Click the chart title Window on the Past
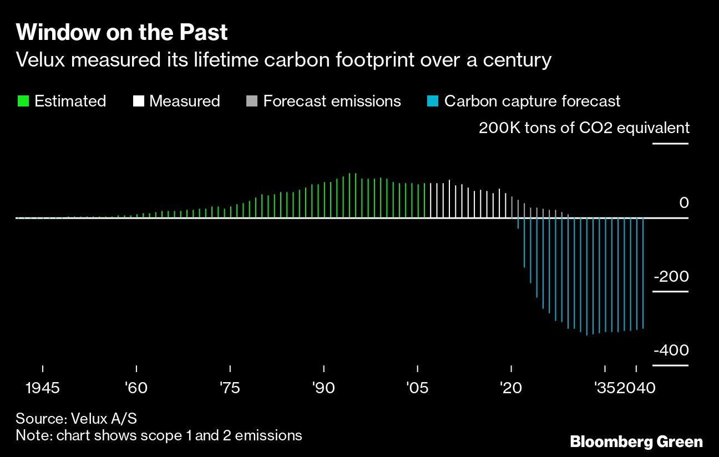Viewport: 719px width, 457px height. pos(122,33)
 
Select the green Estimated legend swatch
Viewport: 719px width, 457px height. pos(23,101)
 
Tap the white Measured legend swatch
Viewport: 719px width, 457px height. pos(139,101)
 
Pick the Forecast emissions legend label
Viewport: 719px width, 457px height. pos(332,101)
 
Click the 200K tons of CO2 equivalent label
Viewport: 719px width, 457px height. pos(584,128)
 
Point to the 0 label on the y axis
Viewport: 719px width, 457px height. pos(683,203)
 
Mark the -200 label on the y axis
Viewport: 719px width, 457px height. pos(671,277)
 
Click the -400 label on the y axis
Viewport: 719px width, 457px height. pos(671,351)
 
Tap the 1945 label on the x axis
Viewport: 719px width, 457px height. pos(43,388)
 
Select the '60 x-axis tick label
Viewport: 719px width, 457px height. pos(136,388)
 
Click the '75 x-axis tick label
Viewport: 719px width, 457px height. pos(230,388)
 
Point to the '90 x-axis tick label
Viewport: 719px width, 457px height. pos(323,388)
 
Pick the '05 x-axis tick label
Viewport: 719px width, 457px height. pos(417,388)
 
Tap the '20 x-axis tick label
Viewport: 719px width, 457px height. pos(511,388)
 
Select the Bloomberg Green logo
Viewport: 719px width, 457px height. pos(636,442)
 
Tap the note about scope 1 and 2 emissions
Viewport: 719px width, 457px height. pos(159,435)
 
